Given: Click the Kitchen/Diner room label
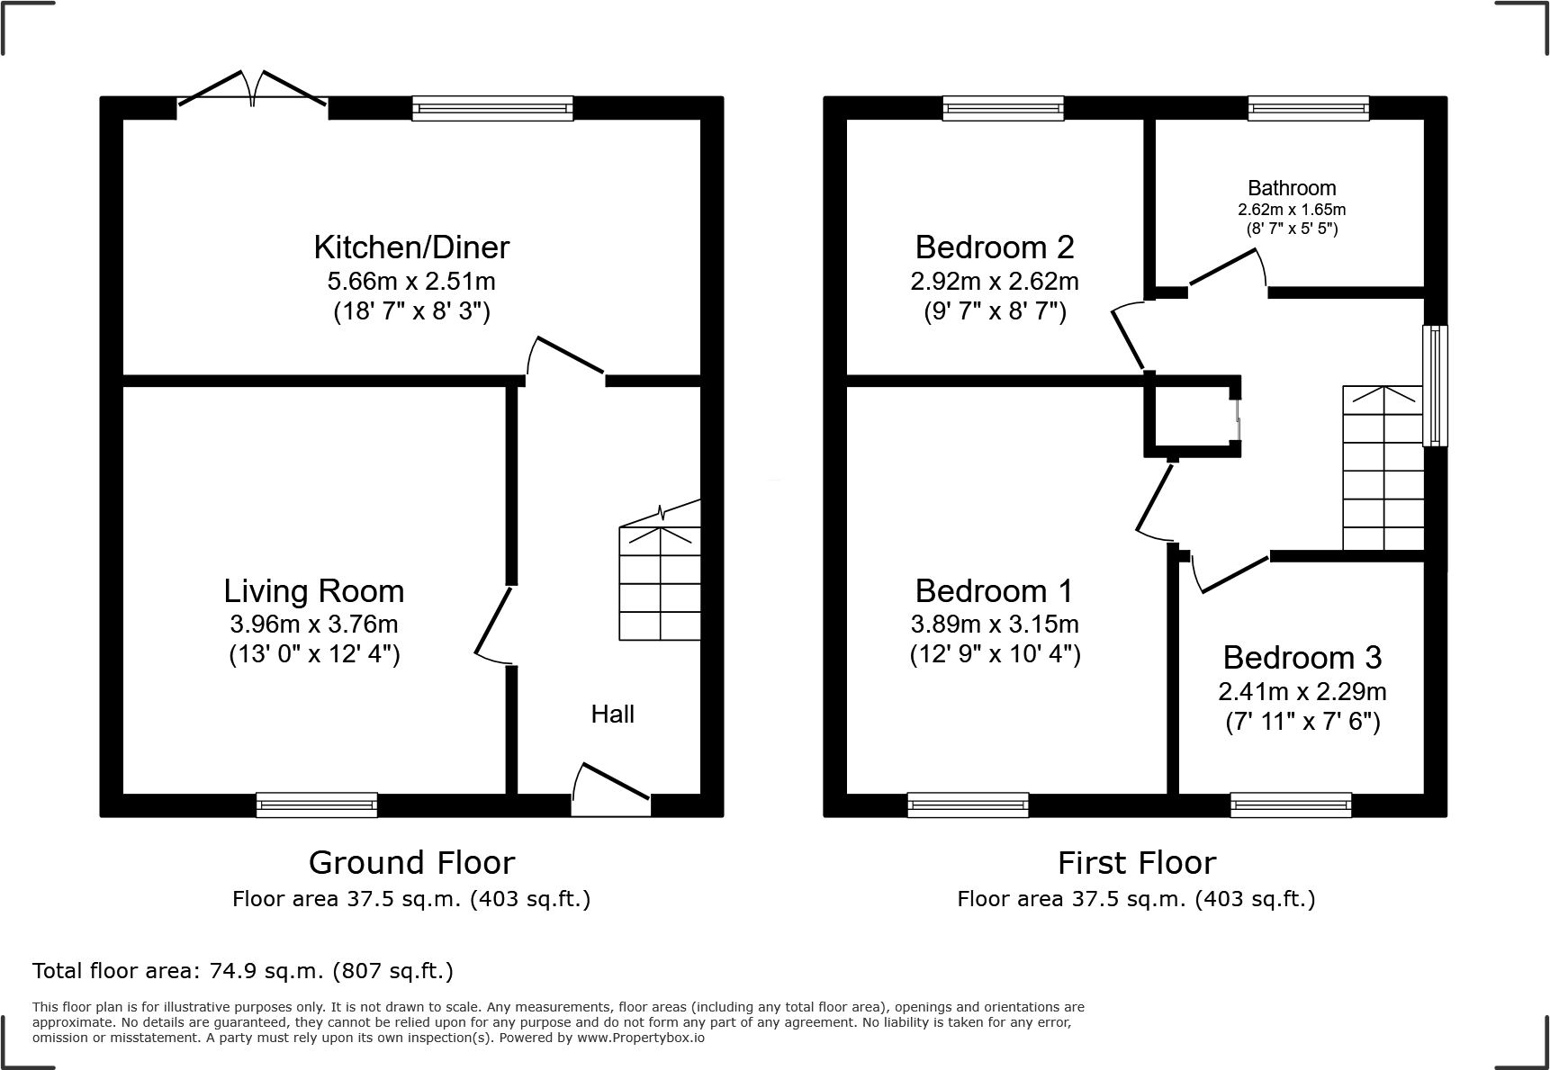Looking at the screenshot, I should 411,247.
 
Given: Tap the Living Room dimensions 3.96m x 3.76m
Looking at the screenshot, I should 314,624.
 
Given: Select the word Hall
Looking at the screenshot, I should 612,714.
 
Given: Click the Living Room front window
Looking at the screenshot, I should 317,805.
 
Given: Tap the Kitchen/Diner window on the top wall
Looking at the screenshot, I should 492,109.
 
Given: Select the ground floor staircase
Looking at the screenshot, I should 660,583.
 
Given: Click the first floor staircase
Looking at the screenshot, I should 1383,468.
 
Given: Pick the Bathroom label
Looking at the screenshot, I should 1292,188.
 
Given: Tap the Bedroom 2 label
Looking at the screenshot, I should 995,247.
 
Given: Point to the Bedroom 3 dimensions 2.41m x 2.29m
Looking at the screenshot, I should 1302,691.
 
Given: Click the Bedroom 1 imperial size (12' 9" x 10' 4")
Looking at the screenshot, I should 995,654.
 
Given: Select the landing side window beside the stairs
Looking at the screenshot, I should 1435,385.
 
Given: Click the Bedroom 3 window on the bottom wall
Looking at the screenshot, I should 1291,805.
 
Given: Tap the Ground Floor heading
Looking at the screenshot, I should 411,862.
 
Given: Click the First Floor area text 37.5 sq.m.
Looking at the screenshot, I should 1136,898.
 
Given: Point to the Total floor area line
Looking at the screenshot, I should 243,971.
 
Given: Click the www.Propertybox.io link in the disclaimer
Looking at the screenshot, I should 640,1038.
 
